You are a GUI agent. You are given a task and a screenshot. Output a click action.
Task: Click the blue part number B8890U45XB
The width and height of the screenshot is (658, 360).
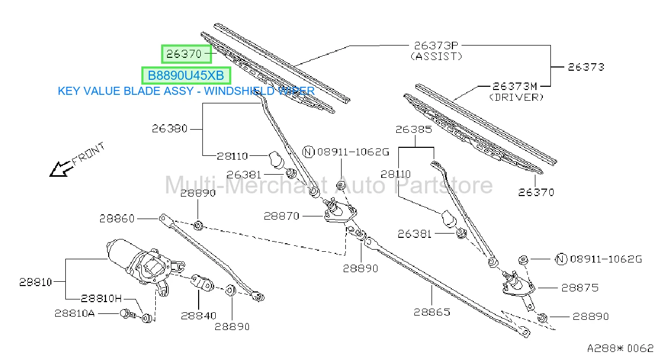click(x=186, y=76)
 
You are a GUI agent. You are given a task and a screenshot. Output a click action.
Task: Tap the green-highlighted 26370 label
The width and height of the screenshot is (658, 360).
click(x=184, y=54)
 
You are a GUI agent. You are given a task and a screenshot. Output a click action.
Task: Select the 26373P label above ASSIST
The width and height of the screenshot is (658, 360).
click(x=436, y=46)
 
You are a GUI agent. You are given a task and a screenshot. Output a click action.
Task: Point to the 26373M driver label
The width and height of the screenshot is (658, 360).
click(x=515, y=86)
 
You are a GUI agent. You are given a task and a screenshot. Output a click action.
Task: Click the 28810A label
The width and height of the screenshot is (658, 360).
click(x=74, y=313)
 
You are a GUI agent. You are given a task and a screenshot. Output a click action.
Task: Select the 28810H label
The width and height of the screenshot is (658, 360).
click(x=101, y=298)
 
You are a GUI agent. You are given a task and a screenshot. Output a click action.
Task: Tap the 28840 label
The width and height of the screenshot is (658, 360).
click(x=199, y=316)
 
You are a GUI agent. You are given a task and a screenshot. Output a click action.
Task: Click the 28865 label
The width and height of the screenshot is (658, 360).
click(x=432, y=312)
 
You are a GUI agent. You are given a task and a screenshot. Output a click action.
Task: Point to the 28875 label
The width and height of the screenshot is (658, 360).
click(x=580, y=288)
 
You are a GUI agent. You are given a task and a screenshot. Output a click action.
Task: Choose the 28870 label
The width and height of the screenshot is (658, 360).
click(x=282, y=216)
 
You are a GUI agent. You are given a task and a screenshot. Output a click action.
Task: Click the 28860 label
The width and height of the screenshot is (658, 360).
click(x=117, y=219)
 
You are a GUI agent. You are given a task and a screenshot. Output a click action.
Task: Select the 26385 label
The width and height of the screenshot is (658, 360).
click(x=414, y=130)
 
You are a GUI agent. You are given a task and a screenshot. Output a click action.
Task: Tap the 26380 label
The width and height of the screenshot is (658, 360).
click(x=170, y=129)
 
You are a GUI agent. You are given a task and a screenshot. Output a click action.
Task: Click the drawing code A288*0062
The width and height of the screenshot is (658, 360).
click(x=620, y=349)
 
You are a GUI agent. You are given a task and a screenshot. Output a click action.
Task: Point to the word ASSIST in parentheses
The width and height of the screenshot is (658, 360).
click(x=436, y=56)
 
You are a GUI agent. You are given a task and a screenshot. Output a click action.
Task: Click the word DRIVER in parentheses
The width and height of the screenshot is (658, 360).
click(x=516, y=97)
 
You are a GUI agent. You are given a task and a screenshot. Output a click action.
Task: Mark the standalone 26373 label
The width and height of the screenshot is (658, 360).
click(x=586, y=67)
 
